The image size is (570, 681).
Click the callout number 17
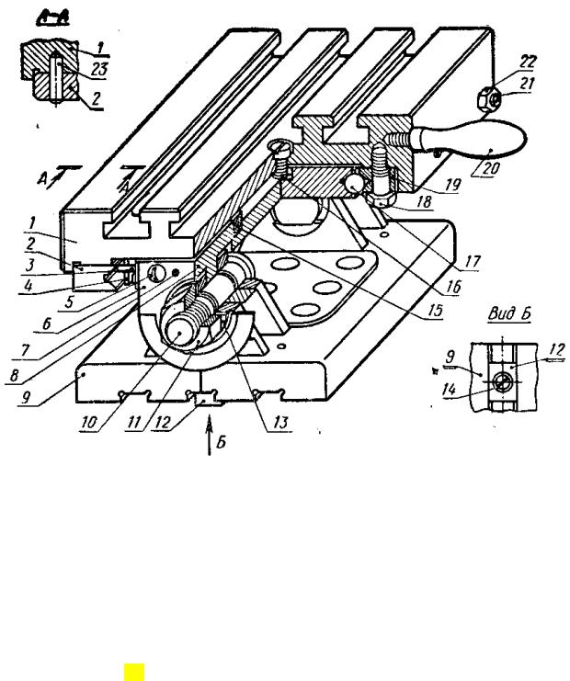(472, 261)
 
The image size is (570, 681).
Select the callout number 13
(280, 421)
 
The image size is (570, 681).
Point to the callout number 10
(88, 423)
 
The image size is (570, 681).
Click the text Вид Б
(509, 313)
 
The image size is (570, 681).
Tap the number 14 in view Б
(450, 389)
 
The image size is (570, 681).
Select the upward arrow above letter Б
(210, 436)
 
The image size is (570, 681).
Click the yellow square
(134, 672)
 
